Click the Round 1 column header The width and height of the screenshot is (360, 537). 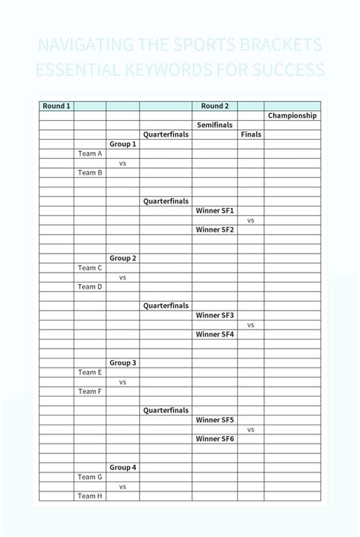tap(56, 106)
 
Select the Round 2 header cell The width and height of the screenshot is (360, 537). tap(214, 106)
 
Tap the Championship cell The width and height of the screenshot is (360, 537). tap(292, 115)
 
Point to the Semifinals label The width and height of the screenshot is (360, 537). tap(214, 125)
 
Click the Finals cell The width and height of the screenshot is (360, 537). tap(251, 134)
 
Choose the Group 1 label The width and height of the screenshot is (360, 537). tap(122, 144)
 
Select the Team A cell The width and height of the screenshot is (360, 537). tap(90, 153)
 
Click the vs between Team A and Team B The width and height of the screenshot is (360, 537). tap(122, 163)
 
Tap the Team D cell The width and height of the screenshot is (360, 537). tap(90, 286)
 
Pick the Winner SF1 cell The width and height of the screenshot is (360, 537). tap(214, 210)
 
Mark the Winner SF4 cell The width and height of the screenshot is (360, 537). tap(214, 334)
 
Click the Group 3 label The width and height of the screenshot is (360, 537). tap(122, 363)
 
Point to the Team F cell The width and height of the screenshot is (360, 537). tap(90, 391)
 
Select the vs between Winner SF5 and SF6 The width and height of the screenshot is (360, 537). tap(251, 429)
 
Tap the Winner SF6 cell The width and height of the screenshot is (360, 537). tap(214, 439)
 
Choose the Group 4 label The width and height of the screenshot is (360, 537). tap(122, 467)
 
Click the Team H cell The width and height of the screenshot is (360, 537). tap(90, 496)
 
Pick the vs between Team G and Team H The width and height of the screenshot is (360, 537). tap(122, 486)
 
